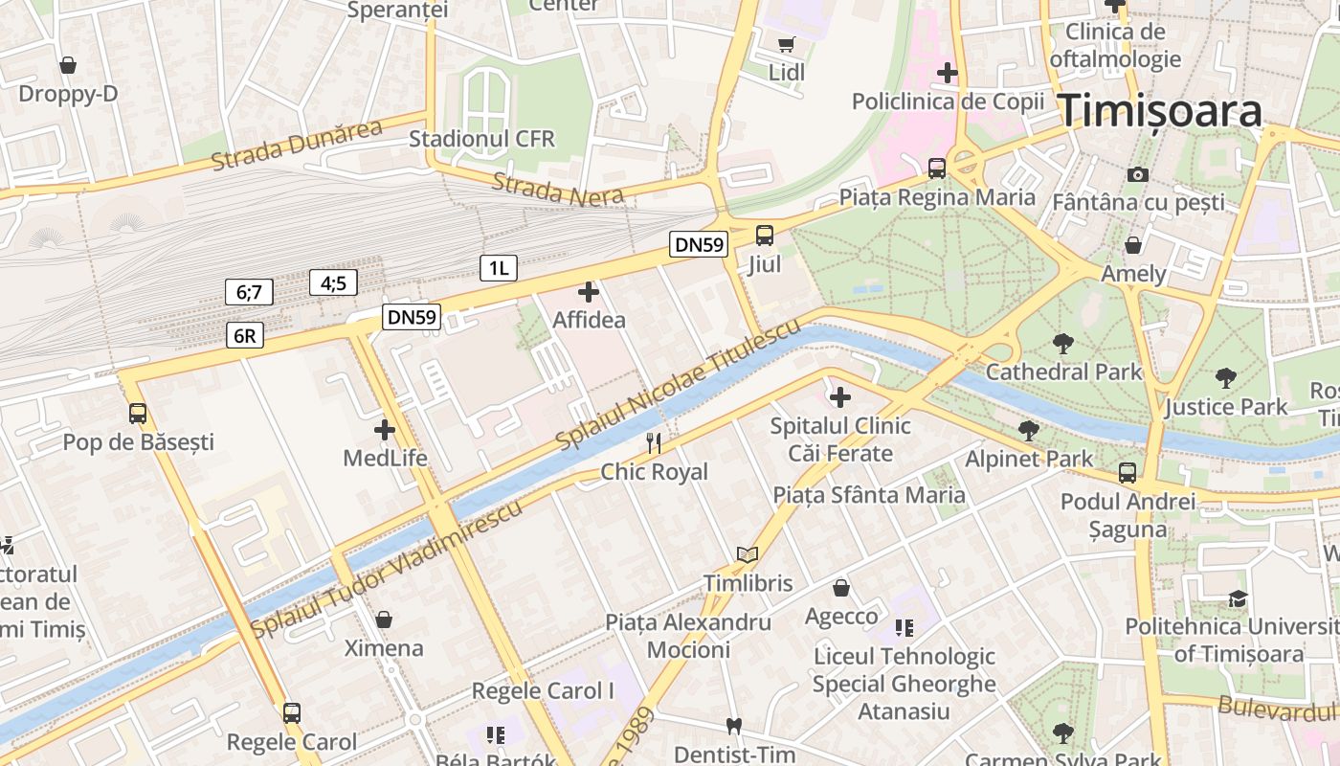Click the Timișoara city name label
1159,112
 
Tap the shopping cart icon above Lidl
787,44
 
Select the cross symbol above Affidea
589,292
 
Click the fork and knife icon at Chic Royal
655,442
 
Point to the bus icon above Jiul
764,235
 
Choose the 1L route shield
499,268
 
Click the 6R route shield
245,335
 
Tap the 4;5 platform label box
333,282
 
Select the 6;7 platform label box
249,292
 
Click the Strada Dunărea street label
297,146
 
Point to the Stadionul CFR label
481,139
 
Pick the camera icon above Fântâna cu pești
1137,174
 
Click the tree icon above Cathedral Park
1062,343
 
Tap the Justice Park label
1226,407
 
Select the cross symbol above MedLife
385,430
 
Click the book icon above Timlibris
748,554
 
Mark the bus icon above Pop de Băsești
138,414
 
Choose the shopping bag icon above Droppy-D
68,65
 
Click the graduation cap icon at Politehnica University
1239,598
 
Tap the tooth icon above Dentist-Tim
734,726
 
